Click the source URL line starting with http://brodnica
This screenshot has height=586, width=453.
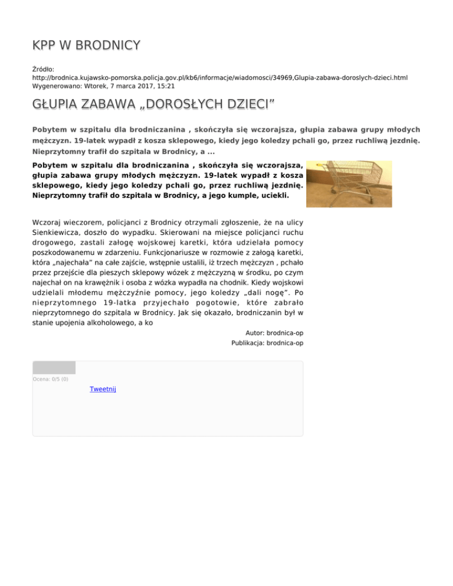tap(219, 77)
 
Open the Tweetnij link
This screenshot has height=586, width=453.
tap(103, 389)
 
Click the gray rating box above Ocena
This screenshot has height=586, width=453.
tap(54, 368)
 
